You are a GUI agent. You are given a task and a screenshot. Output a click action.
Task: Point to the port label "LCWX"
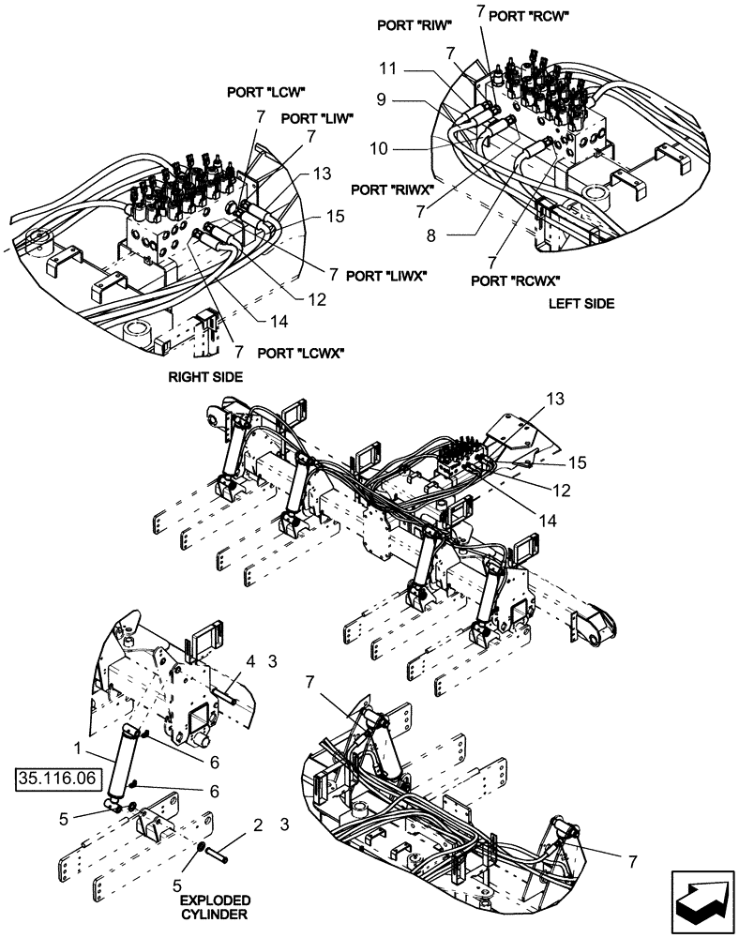point(300,353)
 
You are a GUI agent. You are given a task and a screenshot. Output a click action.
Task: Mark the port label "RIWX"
point(392,189)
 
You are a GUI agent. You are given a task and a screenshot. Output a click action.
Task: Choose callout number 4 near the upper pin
point(250,663)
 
